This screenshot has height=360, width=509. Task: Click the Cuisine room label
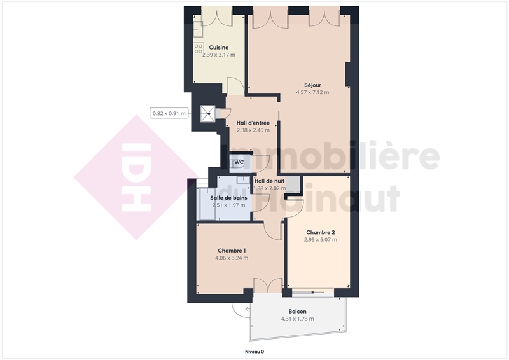218,48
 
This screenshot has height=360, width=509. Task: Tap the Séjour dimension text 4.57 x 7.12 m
312,92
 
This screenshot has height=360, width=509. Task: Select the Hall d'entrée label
253,123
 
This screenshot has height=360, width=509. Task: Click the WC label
239,162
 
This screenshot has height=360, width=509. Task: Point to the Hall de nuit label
269,181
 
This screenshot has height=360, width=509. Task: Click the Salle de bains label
228,198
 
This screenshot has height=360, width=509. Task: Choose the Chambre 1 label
232,251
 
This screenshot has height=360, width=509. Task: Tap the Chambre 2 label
321,232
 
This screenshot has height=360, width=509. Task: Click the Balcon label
297,311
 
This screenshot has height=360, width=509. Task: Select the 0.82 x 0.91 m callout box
169,113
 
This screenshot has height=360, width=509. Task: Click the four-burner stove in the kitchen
199,49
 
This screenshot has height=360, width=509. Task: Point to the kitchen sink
198,29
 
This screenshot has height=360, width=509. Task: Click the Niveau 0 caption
254,352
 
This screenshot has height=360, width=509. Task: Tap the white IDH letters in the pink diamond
136,177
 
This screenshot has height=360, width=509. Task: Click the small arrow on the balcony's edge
248,308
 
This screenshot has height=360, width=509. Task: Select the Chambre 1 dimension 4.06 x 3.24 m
232,258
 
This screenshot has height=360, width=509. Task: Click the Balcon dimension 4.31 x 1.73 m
297,319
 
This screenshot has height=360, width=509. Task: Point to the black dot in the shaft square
209,114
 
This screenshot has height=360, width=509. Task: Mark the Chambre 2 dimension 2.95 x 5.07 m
321,240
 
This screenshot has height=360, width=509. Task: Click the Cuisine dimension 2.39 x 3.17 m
218,55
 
